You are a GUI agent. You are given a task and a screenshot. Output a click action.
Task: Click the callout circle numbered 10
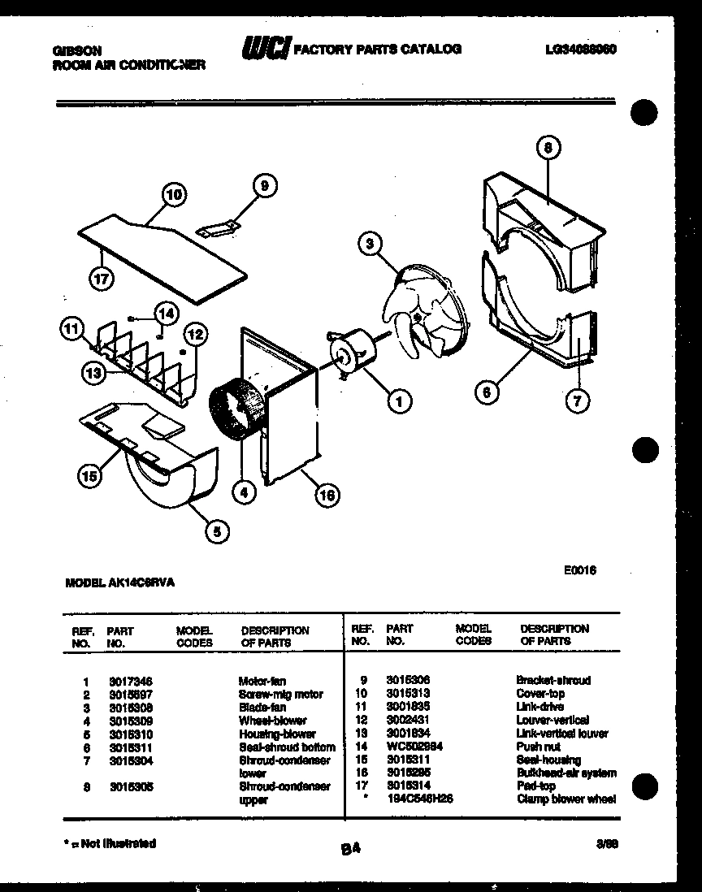[173, 194]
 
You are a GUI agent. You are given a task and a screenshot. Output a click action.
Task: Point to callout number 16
[327, 495]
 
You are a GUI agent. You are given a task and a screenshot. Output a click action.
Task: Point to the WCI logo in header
[265, 49]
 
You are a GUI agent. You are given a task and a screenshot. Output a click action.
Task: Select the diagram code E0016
[580, 571]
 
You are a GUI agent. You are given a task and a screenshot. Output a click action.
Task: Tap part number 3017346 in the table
[130, 681]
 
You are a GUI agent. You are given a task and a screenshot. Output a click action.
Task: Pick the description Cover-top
[539, 694]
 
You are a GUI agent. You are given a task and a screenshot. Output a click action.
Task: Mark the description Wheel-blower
[272, 720]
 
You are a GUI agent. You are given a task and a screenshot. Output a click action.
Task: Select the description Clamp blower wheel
[565, 799]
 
